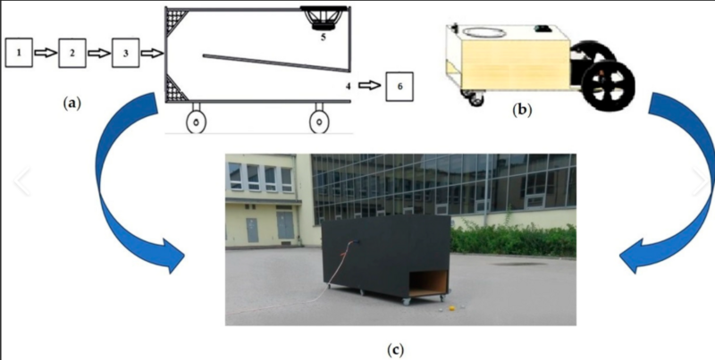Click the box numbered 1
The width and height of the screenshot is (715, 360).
[x=19, y=53]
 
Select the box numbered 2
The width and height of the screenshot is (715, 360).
[x=72, y=53]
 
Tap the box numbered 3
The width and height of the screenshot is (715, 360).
[x=125, y=53]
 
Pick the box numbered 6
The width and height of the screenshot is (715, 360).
[x=400, y=86]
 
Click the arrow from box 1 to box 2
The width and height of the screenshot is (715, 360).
[x=46, y=53]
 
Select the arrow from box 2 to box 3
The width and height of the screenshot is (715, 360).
[x=99, y=54]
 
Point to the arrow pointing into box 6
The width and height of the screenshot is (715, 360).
[x=369, y=85]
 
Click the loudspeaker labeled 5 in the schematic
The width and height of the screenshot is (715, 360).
[x=323, y=18]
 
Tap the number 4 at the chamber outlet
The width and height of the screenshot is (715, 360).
[x=349, y=85]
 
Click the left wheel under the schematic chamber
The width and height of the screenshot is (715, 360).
[x=197, y=121]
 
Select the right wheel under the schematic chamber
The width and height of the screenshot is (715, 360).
[x=319, y=121]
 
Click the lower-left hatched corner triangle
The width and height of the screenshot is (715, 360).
[x=175, y=88]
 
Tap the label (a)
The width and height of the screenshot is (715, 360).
[x=71, y=104]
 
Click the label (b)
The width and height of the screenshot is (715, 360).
[x=522, y=110]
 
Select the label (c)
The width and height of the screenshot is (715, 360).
[x=395, y=350]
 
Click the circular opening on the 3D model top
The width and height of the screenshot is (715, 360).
[x=484, y=33]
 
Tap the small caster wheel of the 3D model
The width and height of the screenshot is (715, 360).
[x=475, y=98]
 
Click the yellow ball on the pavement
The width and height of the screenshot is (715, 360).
[x=452, y=309]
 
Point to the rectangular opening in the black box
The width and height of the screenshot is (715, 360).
[x=428, y=283]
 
